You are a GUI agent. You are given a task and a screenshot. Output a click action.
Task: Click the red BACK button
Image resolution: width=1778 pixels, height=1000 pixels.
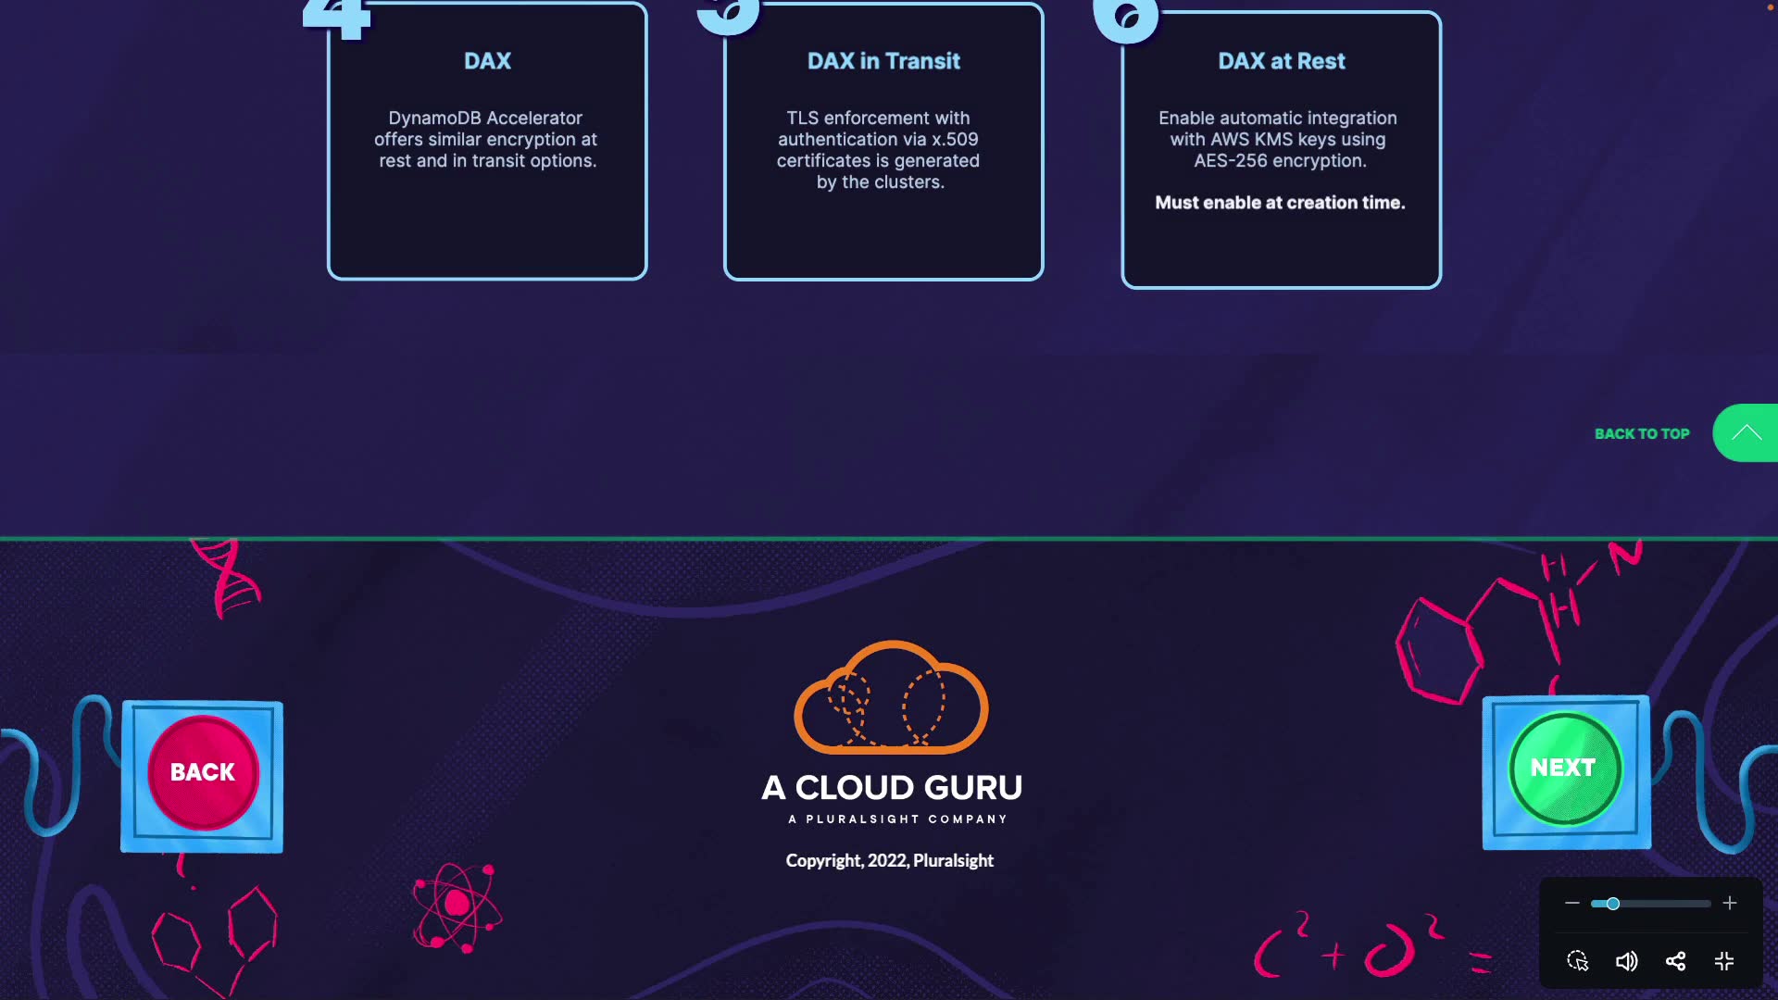coord(203,772)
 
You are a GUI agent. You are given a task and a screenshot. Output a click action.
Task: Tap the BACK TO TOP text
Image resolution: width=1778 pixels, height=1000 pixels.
coord(1642,433)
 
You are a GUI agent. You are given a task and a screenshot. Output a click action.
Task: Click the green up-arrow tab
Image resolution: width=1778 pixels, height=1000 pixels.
coord(1747,432)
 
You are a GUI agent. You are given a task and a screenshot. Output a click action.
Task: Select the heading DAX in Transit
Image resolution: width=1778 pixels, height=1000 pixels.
coord(883,61)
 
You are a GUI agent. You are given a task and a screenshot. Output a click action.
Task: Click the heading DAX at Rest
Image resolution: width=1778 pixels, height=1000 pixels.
coord(1281,61)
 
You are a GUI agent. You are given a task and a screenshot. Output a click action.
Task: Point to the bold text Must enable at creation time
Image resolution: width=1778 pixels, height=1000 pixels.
coord(1280,203)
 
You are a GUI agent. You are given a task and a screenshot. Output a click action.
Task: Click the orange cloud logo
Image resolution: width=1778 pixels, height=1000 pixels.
coord(891,698)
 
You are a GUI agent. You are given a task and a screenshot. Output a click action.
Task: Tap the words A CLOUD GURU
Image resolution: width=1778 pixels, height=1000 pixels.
coord(892,788)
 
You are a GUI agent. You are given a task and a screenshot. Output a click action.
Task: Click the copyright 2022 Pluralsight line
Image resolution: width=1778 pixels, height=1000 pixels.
coord(889,860)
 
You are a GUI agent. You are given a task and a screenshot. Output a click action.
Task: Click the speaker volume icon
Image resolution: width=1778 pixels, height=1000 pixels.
coord(1626,961)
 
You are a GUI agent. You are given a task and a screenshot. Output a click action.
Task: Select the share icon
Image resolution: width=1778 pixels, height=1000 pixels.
coord(1675,961)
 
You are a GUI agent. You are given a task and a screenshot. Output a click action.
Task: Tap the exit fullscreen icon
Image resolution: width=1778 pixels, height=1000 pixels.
coord(1724,961)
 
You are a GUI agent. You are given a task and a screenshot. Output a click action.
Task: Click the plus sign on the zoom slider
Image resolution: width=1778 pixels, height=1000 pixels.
coord(1730,903)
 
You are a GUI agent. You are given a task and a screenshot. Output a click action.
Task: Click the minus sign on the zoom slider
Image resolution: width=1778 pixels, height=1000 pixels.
coord(1571,903)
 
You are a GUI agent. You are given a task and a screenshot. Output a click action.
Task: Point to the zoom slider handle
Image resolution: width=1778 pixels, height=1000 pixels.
coord(1612,903)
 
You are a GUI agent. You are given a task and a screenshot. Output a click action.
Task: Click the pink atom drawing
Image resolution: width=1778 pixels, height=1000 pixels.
coord(457,906)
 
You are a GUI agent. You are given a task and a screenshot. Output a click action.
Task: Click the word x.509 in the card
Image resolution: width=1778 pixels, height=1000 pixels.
coord(955,139)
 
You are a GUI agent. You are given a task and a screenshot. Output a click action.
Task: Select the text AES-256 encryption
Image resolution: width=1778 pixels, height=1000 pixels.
coord(1280,160)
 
